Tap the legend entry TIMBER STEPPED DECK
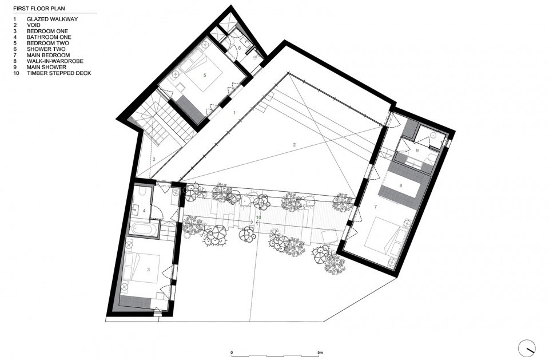click(x=59, y=73)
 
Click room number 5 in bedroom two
click(x=204, y=74)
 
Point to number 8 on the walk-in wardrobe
click(x=401, y=185)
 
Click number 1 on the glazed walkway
click(x=234, y=113)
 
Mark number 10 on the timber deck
click(x=258, y=217)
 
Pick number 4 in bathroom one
click(x=144, y=211)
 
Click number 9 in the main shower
click(x=418, y=151)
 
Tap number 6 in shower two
click(x=240, y=48)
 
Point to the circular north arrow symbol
click(x=527, y=347)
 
